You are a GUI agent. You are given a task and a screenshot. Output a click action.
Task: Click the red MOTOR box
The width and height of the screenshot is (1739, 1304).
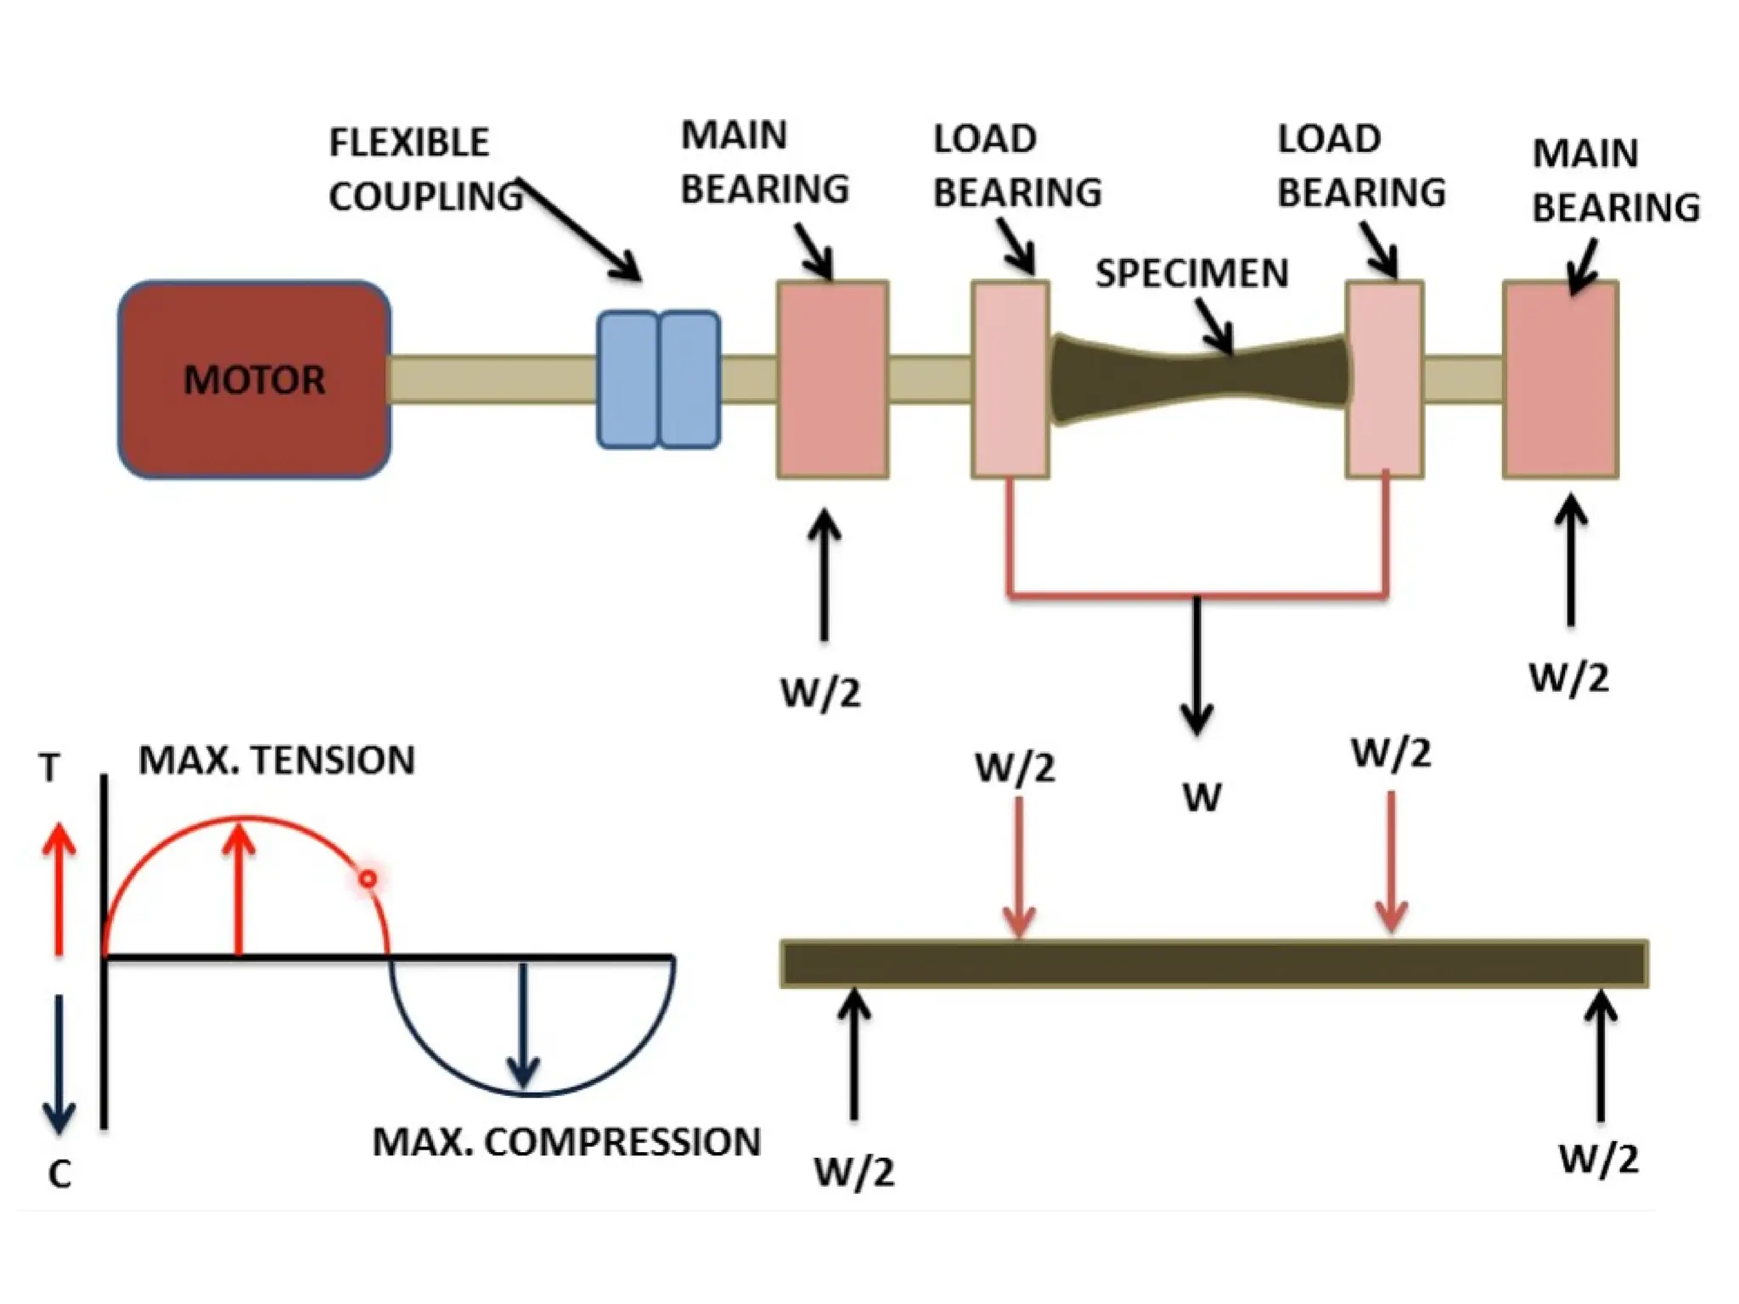255,379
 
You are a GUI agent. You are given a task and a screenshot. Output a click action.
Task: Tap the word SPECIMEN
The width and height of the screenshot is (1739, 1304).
1192,273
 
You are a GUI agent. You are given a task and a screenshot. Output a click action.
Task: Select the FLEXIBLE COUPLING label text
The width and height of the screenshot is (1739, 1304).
425,169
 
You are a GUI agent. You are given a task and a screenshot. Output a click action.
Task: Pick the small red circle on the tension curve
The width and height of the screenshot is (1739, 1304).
368,879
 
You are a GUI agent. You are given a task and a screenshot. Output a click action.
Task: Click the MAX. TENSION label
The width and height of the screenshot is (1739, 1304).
277,760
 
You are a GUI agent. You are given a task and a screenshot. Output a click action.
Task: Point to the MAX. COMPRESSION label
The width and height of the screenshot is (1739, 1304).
566,1142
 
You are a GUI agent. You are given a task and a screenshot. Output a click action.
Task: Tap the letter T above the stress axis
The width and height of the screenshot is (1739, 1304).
49,768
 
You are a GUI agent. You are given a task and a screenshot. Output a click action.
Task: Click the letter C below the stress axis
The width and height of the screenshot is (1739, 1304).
59,1174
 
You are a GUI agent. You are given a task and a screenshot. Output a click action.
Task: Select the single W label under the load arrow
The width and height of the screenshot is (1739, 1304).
1202,798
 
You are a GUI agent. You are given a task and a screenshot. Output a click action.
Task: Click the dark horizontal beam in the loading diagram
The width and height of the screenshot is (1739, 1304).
1214,964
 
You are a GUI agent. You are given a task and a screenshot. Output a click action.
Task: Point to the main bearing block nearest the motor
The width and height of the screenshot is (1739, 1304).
833,379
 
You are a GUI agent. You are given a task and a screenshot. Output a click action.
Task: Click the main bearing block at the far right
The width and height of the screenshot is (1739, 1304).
1561,379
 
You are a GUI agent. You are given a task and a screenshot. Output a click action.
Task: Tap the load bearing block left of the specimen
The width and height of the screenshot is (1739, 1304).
1010,379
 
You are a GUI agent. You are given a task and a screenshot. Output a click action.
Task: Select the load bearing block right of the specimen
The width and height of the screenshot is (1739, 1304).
1385,379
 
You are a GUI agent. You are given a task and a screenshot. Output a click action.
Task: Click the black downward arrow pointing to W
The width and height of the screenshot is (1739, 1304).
1197,666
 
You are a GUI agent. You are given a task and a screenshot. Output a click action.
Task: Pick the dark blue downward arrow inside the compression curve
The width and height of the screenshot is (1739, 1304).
524,1026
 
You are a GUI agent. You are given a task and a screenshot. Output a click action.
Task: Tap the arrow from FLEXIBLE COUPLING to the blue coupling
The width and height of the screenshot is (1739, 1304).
579,229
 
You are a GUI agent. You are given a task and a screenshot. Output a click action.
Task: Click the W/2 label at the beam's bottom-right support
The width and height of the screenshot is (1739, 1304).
1599,1159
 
